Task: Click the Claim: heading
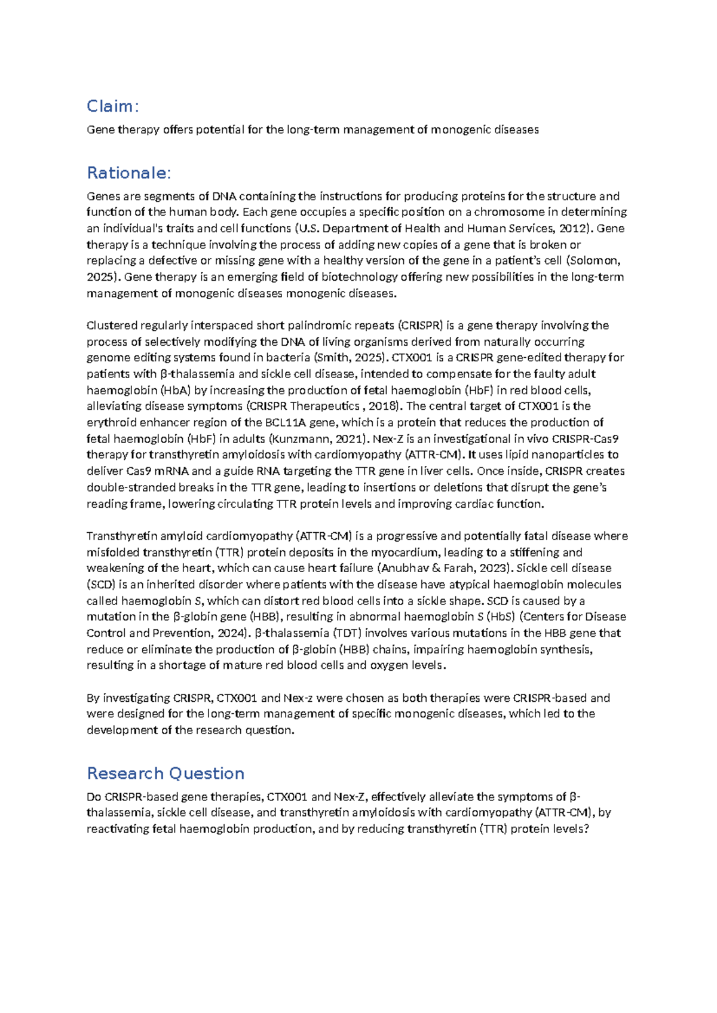[112, 106]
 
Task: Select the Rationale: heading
[128, 173]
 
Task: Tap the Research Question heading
[166, 773]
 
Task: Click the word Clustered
[112, 326]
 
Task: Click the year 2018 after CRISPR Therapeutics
[382, 406]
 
